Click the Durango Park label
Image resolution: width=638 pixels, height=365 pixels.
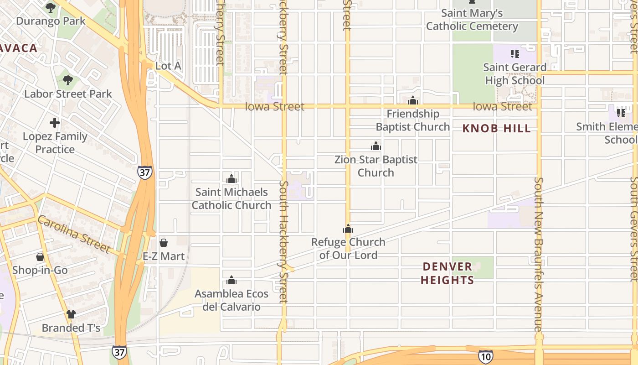coord(51,21)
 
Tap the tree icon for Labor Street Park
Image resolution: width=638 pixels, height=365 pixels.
coord(67,81)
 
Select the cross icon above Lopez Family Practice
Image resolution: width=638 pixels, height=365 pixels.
coord(55,123)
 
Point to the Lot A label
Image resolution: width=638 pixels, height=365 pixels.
coord(168,66)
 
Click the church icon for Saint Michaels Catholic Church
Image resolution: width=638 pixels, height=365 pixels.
coord(232,179)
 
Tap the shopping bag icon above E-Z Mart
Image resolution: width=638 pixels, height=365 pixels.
coord(164,243)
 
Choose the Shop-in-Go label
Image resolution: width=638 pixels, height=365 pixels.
coord(40,270)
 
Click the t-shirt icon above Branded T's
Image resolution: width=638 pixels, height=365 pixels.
coord(71,314)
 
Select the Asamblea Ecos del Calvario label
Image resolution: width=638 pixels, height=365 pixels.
coord(232,300)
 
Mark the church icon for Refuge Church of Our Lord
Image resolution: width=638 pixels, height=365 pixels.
coord(348,229)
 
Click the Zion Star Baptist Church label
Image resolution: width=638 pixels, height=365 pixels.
coord(376,166)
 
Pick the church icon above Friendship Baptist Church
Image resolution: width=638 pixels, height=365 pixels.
coord(413,100)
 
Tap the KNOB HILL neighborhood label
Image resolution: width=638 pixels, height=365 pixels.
coord(497,129)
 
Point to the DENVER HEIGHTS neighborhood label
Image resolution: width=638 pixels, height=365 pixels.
coord(447,273)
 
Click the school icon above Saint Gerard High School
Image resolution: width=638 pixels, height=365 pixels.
coord(515,54)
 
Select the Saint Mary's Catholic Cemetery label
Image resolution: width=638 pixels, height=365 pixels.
coord(472,20)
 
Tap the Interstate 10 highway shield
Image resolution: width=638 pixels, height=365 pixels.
coord(485,357)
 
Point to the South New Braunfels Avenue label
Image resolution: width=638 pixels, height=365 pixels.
coord(539,254)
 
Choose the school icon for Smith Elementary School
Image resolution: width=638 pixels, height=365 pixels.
coord(621,112)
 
